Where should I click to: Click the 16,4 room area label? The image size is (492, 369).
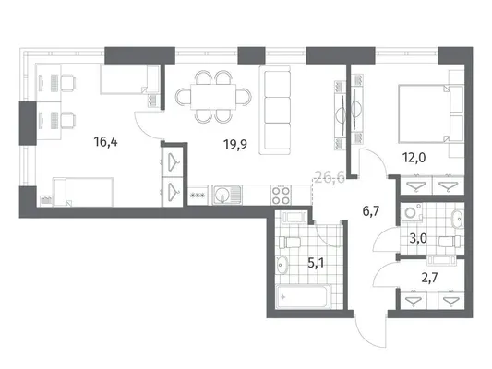pyautogui.click(x=106, y=142)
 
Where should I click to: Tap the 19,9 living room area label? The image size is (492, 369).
pyautogui.click(x=235, y=144)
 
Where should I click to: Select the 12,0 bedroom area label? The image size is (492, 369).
pyautogui.click(x=414, y=158)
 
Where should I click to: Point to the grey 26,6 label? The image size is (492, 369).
pyautogui.click(x=330, y=178)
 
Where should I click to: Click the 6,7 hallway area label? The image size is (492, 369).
pyautogui.click(x=371, y=211)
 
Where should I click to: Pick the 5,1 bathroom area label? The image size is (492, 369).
pyautogui.click(x=316, y=263)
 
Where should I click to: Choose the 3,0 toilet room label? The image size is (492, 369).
pyautogui.click(x=418, y=239)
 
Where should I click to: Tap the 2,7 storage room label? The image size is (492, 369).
pyautogui.click(x=429, y=278)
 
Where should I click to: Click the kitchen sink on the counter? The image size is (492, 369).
pyautogui.click(x=227, y=195)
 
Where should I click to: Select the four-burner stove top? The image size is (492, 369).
pyautogui.click(x=281, y=195)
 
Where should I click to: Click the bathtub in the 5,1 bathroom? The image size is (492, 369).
pyautogui.click(x=303, y=296)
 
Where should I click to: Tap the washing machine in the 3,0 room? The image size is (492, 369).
pyautogui.click(x=412, y=213)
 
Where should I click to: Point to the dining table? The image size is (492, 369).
pyautogui.click(x=213, y=97)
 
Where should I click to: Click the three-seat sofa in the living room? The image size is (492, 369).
pyautogui.click(x=275, y=110)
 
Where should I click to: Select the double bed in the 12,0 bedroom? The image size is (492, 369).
pyautogui.click(x=424, y=113)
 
